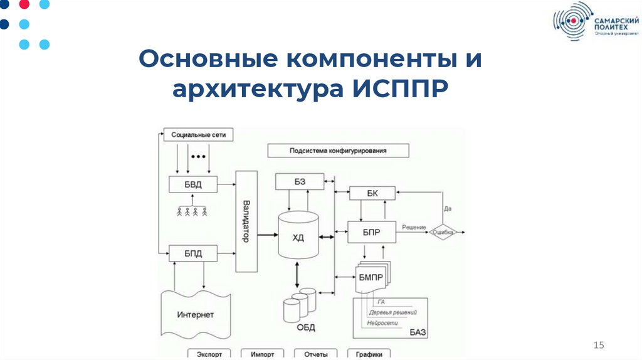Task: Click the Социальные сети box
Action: (197, 134)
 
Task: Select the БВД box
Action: (192, 184)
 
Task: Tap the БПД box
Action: (192, 254)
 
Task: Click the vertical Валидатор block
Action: (246, 221)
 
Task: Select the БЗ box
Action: (300, 182)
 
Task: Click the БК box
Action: (372, 193)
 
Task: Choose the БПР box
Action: (372, 232)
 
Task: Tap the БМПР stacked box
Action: (370, 279)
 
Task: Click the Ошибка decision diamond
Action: (443, 232)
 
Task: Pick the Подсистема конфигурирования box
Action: (338, 151)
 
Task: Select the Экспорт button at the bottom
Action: (208, 354)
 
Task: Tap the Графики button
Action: (369, 354)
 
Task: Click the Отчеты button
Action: (315, 354)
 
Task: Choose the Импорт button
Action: (262, 354)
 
